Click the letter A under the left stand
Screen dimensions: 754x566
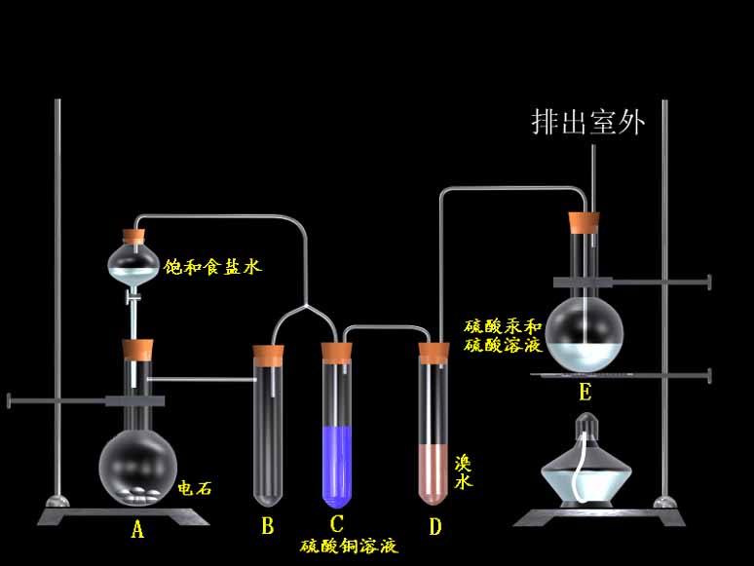tap(137, 529)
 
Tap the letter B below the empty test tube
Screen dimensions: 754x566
tap(268, 526)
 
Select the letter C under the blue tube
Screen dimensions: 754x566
tap(337, 524)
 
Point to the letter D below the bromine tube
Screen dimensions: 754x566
tap(434, 526)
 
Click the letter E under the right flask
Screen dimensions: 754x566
tap(584, 392)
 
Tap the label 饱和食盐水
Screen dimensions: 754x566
tap(212, 267)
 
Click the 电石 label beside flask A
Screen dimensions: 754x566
tap(195, 488)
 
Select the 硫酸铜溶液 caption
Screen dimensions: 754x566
tap(349, 547)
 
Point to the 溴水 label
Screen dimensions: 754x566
tap(463, 472)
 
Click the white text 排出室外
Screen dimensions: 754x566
tap(587, 122)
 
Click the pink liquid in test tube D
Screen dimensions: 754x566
tap(433, 474)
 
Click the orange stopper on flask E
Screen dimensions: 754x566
tap(584, 223)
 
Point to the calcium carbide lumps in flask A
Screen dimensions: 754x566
tap(140, 495)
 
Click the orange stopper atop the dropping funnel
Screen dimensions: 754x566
tap(133, 235)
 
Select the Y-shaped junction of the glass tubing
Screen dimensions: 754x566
tap(306, 306)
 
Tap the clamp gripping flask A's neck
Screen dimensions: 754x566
tap(135, 400)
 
